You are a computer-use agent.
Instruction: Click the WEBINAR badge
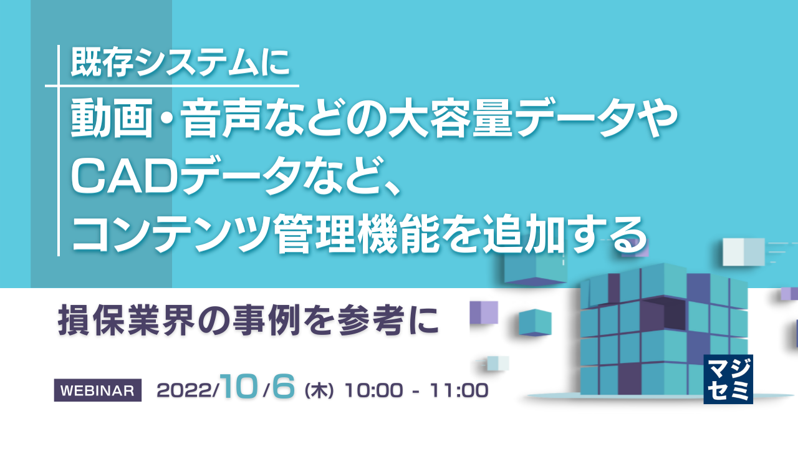(98, 390)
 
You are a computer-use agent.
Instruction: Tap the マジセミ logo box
(728, 379)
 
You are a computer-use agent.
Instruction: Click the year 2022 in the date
(186, 391)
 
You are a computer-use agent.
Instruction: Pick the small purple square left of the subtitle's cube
(483, 312)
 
